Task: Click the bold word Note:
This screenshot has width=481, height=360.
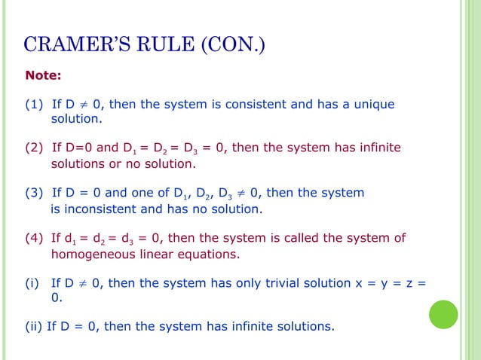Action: coord(44,76)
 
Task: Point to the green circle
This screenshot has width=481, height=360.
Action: coord(443,314)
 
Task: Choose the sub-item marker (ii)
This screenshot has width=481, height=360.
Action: coord(34,326)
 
